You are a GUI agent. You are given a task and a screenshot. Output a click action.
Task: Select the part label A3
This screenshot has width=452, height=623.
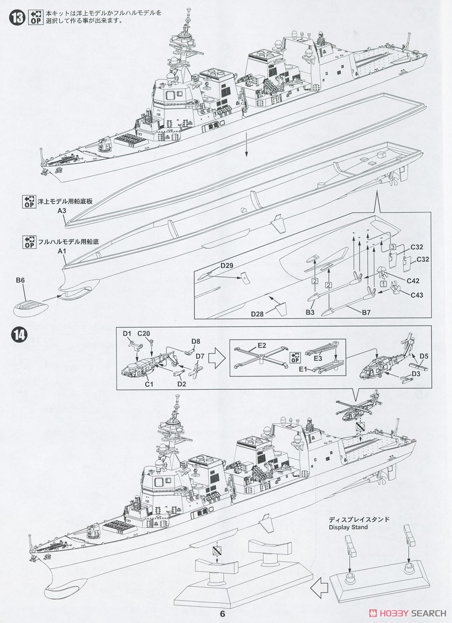pos(62,211)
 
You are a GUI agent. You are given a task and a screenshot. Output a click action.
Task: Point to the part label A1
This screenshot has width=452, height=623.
pos(62,251)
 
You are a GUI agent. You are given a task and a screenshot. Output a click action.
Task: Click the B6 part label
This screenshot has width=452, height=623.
pos(20,280)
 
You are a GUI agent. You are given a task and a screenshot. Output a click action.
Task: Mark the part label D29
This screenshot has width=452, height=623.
pos(226,265)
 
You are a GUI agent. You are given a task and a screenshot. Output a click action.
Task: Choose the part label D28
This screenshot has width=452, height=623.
pos(258,314)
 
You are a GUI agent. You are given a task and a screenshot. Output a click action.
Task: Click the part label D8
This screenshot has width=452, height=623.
pos(196,341)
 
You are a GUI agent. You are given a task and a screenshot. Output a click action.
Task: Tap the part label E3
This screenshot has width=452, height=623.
pos(318,358)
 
